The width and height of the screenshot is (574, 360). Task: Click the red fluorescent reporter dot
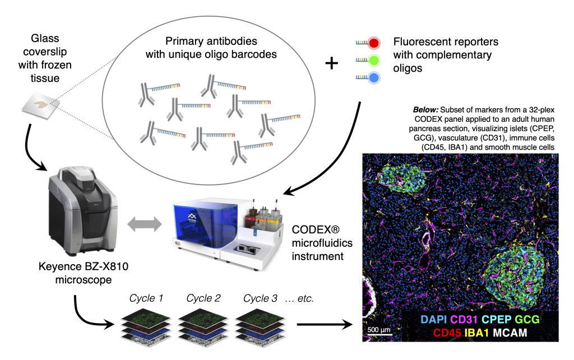(374, 43)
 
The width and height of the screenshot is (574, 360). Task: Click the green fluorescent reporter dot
(374, 60)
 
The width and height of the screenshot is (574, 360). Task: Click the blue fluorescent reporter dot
(374, 78)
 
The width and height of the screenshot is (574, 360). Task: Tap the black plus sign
(332, 63)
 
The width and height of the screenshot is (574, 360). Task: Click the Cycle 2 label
(203, 298)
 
